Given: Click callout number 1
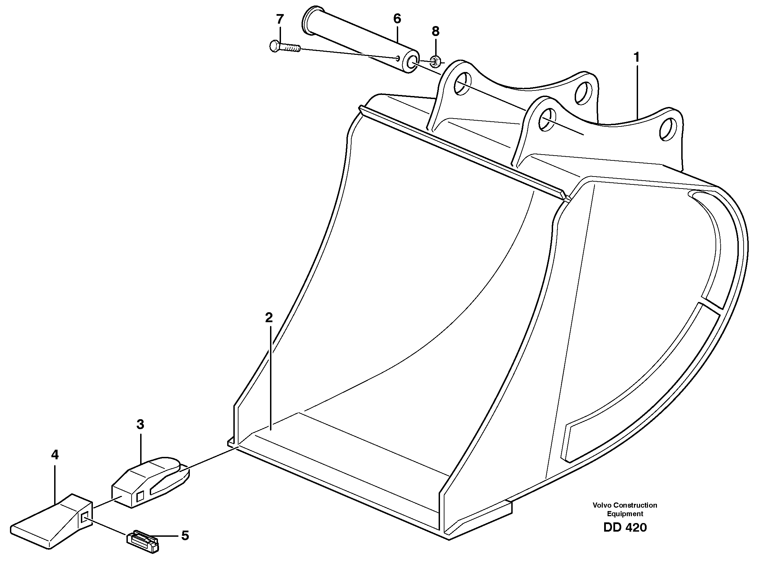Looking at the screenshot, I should tap(636, 57).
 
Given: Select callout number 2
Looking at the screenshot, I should tap(269, 317).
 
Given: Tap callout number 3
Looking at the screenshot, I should tap(140, 424).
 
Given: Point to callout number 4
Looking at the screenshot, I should tap(55, 455).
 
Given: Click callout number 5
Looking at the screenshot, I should tap(185, 536).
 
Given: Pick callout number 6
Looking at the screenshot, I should tap(397, 19).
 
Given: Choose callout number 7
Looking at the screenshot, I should tap(280, 19).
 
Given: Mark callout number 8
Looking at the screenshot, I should tap(435, 32).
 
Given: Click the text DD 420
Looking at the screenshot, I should tap(625, 528).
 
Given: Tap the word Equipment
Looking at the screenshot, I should tap(625, 514).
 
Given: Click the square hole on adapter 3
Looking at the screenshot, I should tap(140, 496).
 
